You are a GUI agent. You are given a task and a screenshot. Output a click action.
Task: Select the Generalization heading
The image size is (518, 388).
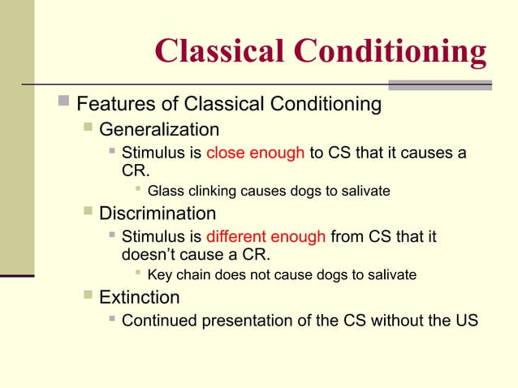159,130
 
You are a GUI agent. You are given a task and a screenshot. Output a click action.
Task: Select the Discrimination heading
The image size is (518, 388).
158,214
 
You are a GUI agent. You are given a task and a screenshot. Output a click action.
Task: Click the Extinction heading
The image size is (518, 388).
139,297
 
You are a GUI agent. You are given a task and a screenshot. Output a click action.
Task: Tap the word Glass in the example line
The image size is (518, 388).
165,192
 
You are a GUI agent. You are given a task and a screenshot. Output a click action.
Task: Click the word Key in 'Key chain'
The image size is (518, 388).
159,276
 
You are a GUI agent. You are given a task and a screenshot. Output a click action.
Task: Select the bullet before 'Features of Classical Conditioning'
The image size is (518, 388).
65,104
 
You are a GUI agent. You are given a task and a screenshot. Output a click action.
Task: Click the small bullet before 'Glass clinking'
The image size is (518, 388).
138,191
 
